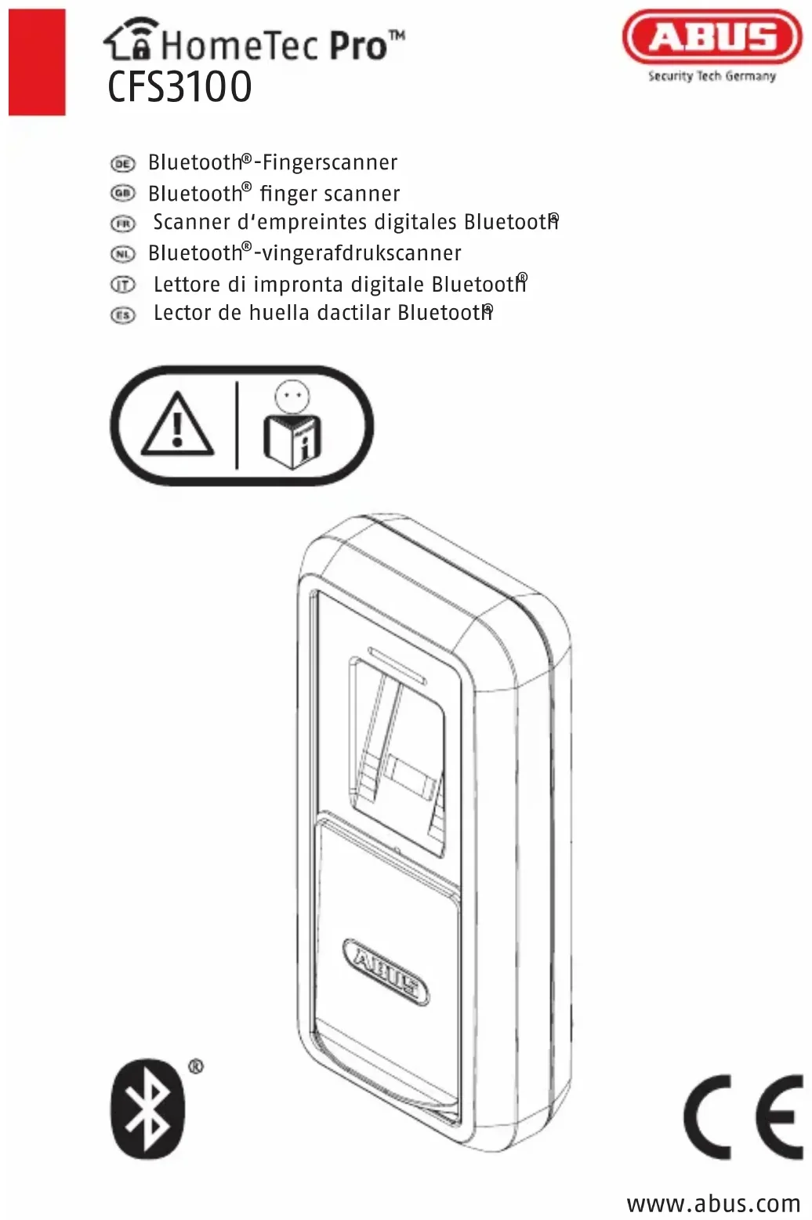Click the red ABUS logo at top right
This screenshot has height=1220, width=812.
coord(712,37)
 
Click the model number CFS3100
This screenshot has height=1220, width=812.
coord(179,87)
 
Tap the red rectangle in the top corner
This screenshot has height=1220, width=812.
coord(37,63)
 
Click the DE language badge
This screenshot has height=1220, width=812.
coord(122,163)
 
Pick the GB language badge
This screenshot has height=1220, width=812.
coord(122,193)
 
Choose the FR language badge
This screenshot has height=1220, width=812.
coord(122,223)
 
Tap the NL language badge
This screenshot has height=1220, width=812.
coord(122,253)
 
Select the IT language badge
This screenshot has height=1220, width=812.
coord(122,285)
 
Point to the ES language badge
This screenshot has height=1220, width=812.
coord(122,314)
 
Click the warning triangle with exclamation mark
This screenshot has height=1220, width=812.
coord(178,426)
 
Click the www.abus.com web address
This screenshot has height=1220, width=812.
coord(713,1203)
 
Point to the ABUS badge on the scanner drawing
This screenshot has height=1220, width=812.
coord(386,971)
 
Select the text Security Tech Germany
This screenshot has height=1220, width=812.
coord(712,76)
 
